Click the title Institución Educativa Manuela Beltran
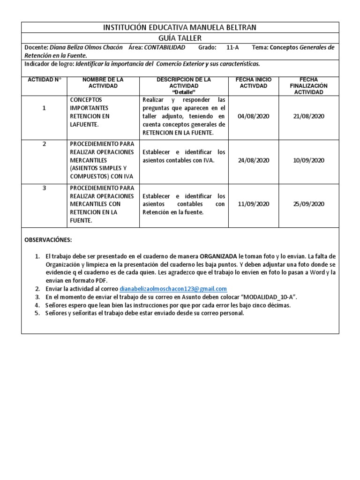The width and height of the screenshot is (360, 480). click(x=180, y=28)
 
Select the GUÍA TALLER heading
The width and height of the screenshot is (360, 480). click(x=180, y=38)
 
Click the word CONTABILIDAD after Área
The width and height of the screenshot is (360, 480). click(x=165, y=48)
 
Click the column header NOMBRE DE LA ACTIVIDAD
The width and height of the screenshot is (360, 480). click(x=103, y=83)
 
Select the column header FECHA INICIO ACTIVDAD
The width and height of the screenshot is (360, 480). click(x=253, y=83)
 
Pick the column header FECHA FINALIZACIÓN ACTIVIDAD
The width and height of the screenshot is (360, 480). click(x=308, y=86)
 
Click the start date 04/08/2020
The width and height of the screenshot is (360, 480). click(x=253, y=116)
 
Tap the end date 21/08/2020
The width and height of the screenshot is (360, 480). click(x=308, y=116)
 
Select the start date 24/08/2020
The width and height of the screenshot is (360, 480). click(x=253, y=160)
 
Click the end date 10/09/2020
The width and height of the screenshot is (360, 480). click(x=308, y=160)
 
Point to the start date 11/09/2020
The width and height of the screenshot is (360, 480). click(x=253, y=204)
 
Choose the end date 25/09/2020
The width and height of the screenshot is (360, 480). click(x=308, y=204)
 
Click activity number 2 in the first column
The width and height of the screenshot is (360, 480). click(x=44, y=144)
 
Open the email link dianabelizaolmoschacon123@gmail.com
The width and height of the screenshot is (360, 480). click(x=173, y=289)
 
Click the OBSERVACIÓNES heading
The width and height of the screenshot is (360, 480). click(x=48, y=240)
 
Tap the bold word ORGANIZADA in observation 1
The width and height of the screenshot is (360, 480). click(x=218, y=257)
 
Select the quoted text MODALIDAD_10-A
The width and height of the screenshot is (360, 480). click(x=269, y=297)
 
